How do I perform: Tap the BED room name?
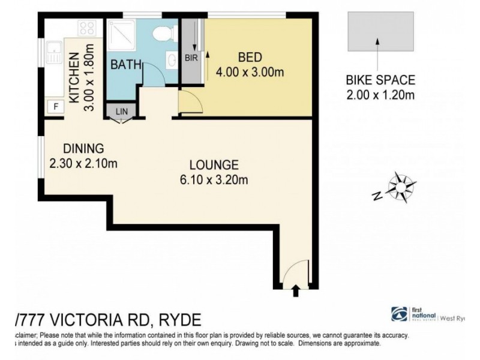[x=250, y=58]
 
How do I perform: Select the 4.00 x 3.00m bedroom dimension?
[x=250, y=73]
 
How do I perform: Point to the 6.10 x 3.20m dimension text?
[x=214, y=179]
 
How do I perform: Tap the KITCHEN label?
[x=74, y=77]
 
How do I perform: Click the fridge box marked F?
[x=56, y=107]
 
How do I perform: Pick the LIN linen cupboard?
[x=122, y=111]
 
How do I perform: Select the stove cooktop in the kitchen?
[x=87, y=28]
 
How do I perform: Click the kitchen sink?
[x=53, y=53]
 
